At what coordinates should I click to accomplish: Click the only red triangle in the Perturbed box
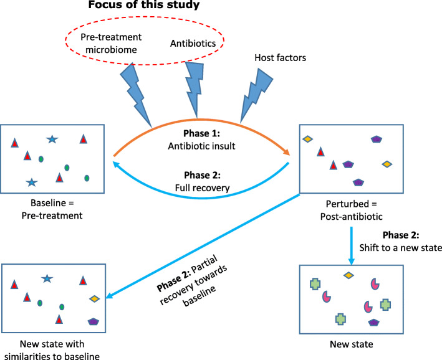[x=320, y=151]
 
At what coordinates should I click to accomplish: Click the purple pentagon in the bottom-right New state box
[x=373, y=323]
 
